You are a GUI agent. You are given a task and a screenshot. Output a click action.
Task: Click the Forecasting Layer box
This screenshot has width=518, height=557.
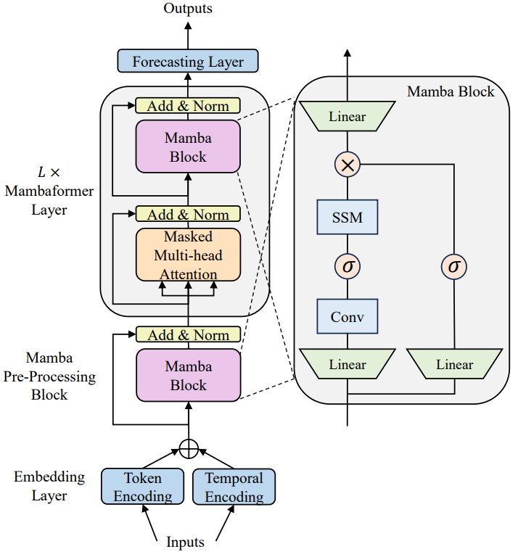point(188,62)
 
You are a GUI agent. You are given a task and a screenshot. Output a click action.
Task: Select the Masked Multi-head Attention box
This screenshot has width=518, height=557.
point(188,255)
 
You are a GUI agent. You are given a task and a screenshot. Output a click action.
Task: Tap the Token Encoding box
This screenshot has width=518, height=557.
point(142,487)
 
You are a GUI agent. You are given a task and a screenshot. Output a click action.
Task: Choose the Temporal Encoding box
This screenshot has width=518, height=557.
point(234,487)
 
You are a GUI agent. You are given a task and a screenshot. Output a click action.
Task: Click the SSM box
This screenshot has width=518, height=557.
point(348,217)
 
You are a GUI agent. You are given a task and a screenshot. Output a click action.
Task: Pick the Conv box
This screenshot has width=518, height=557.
point(348,317)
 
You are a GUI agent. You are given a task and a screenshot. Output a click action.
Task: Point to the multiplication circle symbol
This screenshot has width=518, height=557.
point(348,165)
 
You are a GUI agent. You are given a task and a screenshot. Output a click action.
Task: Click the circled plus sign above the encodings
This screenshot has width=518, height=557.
point(188,448)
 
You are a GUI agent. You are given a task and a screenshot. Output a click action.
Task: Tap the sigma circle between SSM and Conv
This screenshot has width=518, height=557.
point(348,267)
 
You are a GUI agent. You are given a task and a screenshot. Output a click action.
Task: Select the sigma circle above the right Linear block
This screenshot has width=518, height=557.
point(454,267)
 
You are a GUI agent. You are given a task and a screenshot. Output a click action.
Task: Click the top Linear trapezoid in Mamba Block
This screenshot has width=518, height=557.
point(348,116)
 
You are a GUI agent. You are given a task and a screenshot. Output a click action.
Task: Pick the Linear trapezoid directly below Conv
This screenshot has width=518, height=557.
point(348,364)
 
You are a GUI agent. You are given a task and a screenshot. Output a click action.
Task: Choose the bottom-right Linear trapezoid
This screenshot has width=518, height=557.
point(454,364)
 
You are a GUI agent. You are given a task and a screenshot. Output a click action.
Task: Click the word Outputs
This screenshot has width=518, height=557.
point(188,9)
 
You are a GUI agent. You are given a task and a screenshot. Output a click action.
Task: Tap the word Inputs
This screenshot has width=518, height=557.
point(186,542)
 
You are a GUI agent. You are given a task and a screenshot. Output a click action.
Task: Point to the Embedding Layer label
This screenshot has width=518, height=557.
point(49,487)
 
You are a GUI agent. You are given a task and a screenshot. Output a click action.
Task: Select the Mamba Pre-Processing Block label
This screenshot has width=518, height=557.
point(49,376)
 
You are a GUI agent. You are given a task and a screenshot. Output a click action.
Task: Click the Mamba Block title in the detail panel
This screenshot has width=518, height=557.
point(451,91)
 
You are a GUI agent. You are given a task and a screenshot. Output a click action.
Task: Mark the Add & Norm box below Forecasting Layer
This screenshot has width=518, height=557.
point(188,106)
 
